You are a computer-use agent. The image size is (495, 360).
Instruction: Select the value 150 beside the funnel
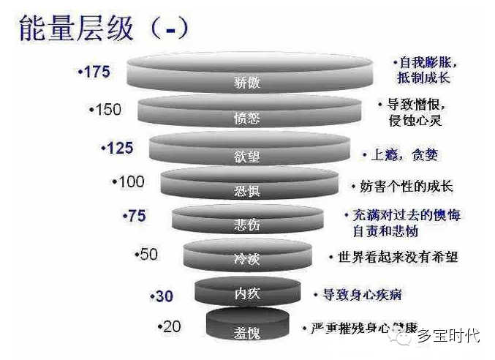pos(105,110)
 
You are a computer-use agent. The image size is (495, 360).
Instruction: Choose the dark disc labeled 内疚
pos(247,293)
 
